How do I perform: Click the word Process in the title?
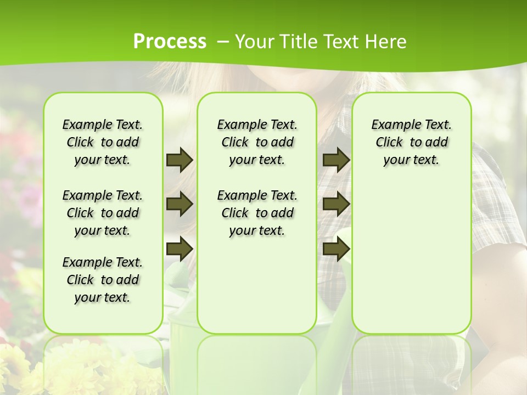pyautogui.click(x=170, y=42)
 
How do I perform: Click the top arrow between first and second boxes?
pyautogui.click(x=180, y=160)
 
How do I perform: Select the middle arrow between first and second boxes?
pyautogui.click(x=180, y=205)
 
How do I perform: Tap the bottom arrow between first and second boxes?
pyautogui.click(x=180, y=249)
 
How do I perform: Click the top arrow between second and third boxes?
pyautogui.click(x=336, y=160)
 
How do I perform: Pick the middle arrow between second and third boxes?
pyautogui.click(x=336, y=205)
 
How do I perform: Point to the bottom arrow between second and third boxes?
pyautogui.click(x=336, y=249)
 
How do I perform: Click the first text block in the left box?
pyautogui.click(x=103, y=142)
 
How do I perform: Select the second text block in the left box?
pyautogui.click(x=103, y=213)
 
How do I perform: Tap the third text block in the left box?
pyautogui.click(x=103, y=280)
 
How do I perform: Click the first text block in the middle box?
pyautogui.click(x=257, y=142)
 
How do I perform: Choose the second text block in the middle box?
pyautogui.click(x=257, y=213)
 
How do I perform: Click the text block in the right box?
pyautogui.click(x=411, y=142)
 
